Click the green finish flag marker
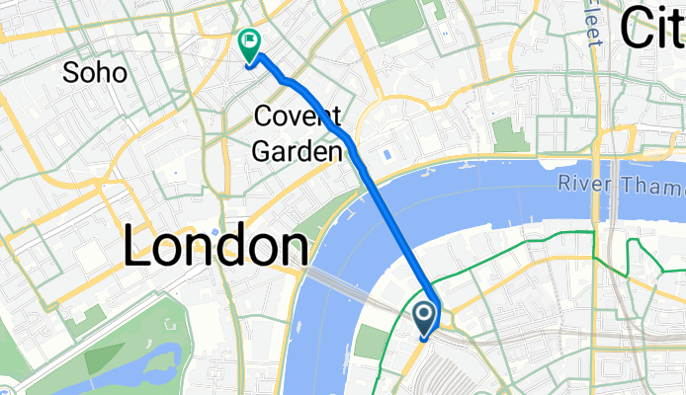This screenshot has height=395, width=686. click(248, 44)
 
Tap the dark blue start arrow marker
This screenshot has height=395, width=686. click(425, 318)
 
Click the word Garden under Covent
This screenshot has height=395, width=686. click(300, 150)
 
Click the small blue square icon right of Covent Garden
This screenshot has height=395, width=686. click(386, 155)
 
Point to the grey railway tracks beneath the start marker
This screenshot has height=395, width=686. click(455, 370)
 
